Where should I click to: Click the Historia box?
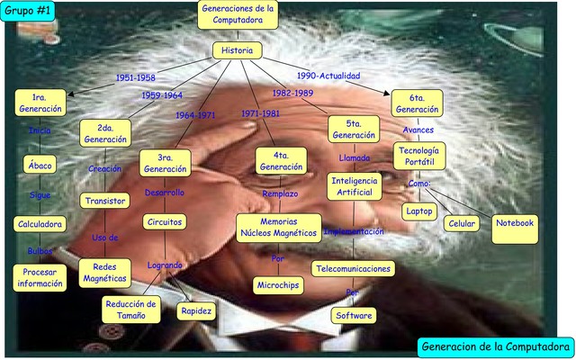[238, 50]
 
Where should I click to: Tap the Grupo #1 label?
[26, 11]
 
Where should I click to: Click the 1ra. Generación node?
[40, 103]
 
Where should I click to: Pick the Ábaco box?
[40, 166]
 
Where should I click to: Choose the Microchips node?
[277, 285]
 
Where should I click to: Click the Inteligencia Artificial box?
[354, 186]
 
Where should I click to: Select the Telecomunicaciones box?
[353, 268]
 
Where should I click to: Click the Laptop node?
[419, 211]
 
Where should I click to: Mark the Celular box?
[462, 222]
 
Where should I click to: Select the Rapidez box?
[195, 311]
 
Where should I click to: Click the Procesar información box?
[40, 278]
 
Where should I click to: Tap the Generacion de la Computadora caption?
[496, 346]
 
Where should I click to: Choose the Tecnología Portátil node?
[419, 156]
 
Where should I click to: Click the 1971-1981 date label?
[260, 114]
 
